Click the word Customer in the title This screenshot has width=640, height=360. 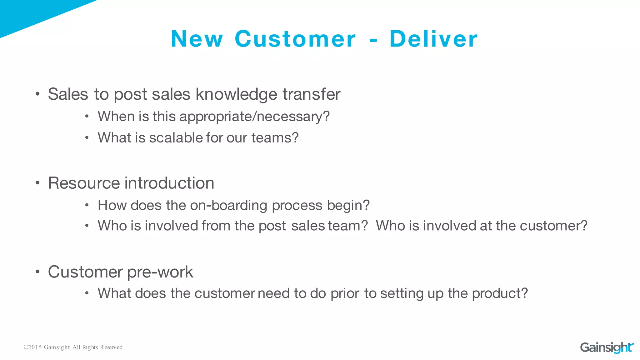coord(295,39)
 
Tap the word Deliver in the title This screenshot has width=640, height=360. coord(433,39)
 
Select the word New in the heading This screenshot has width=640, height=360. coord(197,39)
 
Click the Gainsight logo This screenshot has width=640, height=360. coord(607,347)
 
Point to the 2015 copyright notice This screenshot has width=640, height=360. coord(74,347)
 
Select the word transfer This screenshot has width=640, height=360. coord(311,94)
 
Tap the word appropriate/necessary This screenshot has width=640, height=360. coord(254,117)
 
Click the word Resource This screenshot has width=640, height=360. coord(84,183)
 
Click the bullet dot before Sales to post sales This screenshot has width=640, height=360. coord(37,94)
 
